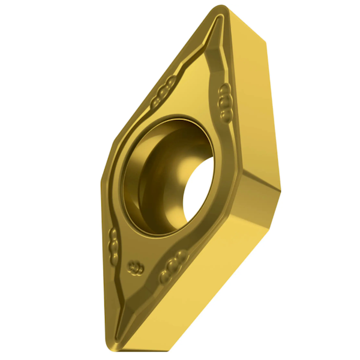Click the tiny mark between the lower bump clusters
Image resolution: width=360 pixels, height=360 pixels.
135,265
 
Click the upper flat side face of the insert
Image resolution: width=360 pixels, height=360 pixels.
252,96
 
